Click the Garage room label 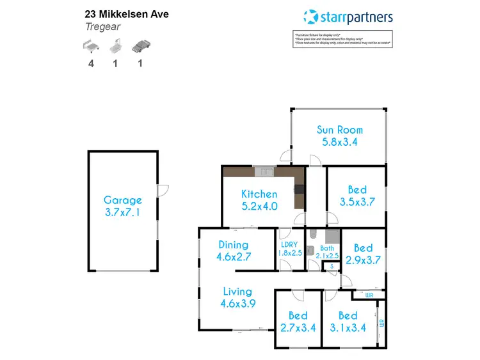tap(122, 206)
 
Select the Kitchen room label tap(259, 200)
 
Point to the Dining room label tap(233, 251)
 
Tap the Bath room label tap(327, 251)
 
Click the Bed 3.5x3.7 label tap(357, 196)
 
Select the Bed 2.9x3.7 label tap(363, 254)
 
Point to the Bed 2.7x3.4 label tap(298, 322)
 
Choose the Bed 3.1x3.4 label tap(348, 322)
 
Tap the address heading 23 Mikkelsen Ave tap(127, 13)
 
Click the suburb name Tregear tap(102, 27)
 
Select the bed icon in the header tap(92, 46)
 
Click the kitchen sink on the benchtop tap(263, 171)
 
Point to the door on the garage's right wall tap(162, 190)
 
